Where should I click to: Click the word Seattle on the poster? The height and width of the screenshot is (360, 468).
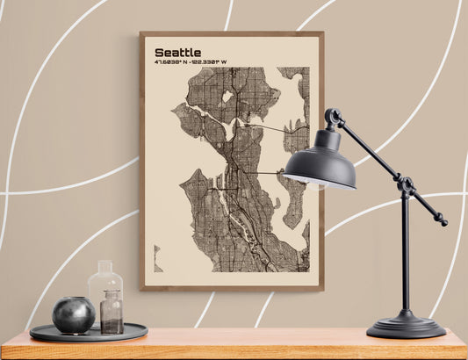pyautogui.click(x=177, y=53)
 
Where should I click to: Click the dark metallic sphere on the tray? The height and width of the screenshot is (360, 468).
pyautogui.click(x=73, y=313)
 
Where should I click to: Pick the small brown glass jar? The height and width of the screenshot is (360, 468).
pyautogui.click(x=112, y=313)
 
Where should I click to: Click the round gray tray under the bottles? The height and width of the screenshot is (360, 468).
pyautogui.click(x=89, y=333)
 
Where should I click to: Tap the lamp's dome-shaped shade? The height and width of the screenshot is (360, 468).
pyautogui.click(x=320, y=162)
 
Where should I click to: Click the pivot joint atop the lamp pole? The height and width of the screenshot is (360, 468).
pyautogui.click(x=405, y=184)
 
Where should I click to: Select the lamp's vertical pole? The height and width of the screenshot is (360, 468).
pyautogui.click(x=405, y=255)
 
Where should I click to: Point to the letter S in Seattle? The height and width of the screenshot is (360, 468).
pyautogui.click(x=159, y=53)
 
